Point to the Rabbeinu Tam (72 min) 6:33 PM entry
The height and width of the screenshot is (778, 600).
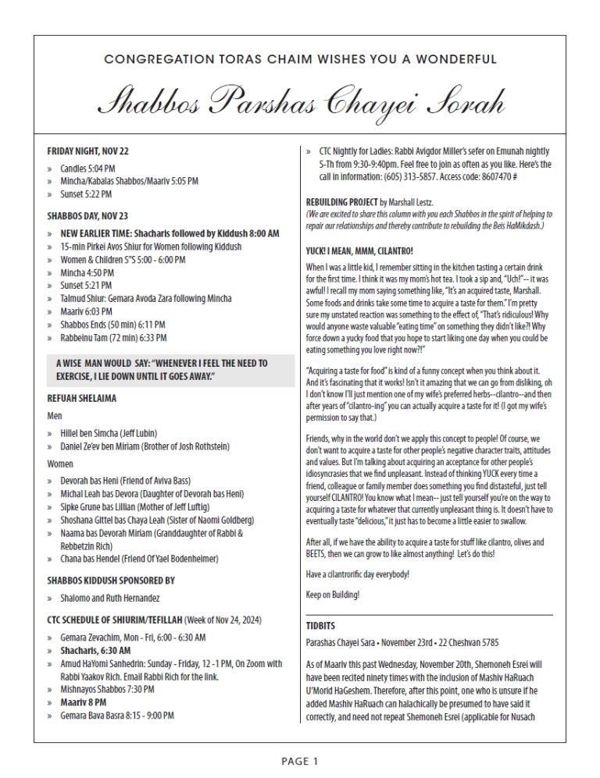coord(113,337)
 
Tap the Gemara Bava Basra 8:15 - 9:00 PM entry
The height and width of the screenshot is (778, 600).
coord(117,714)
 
